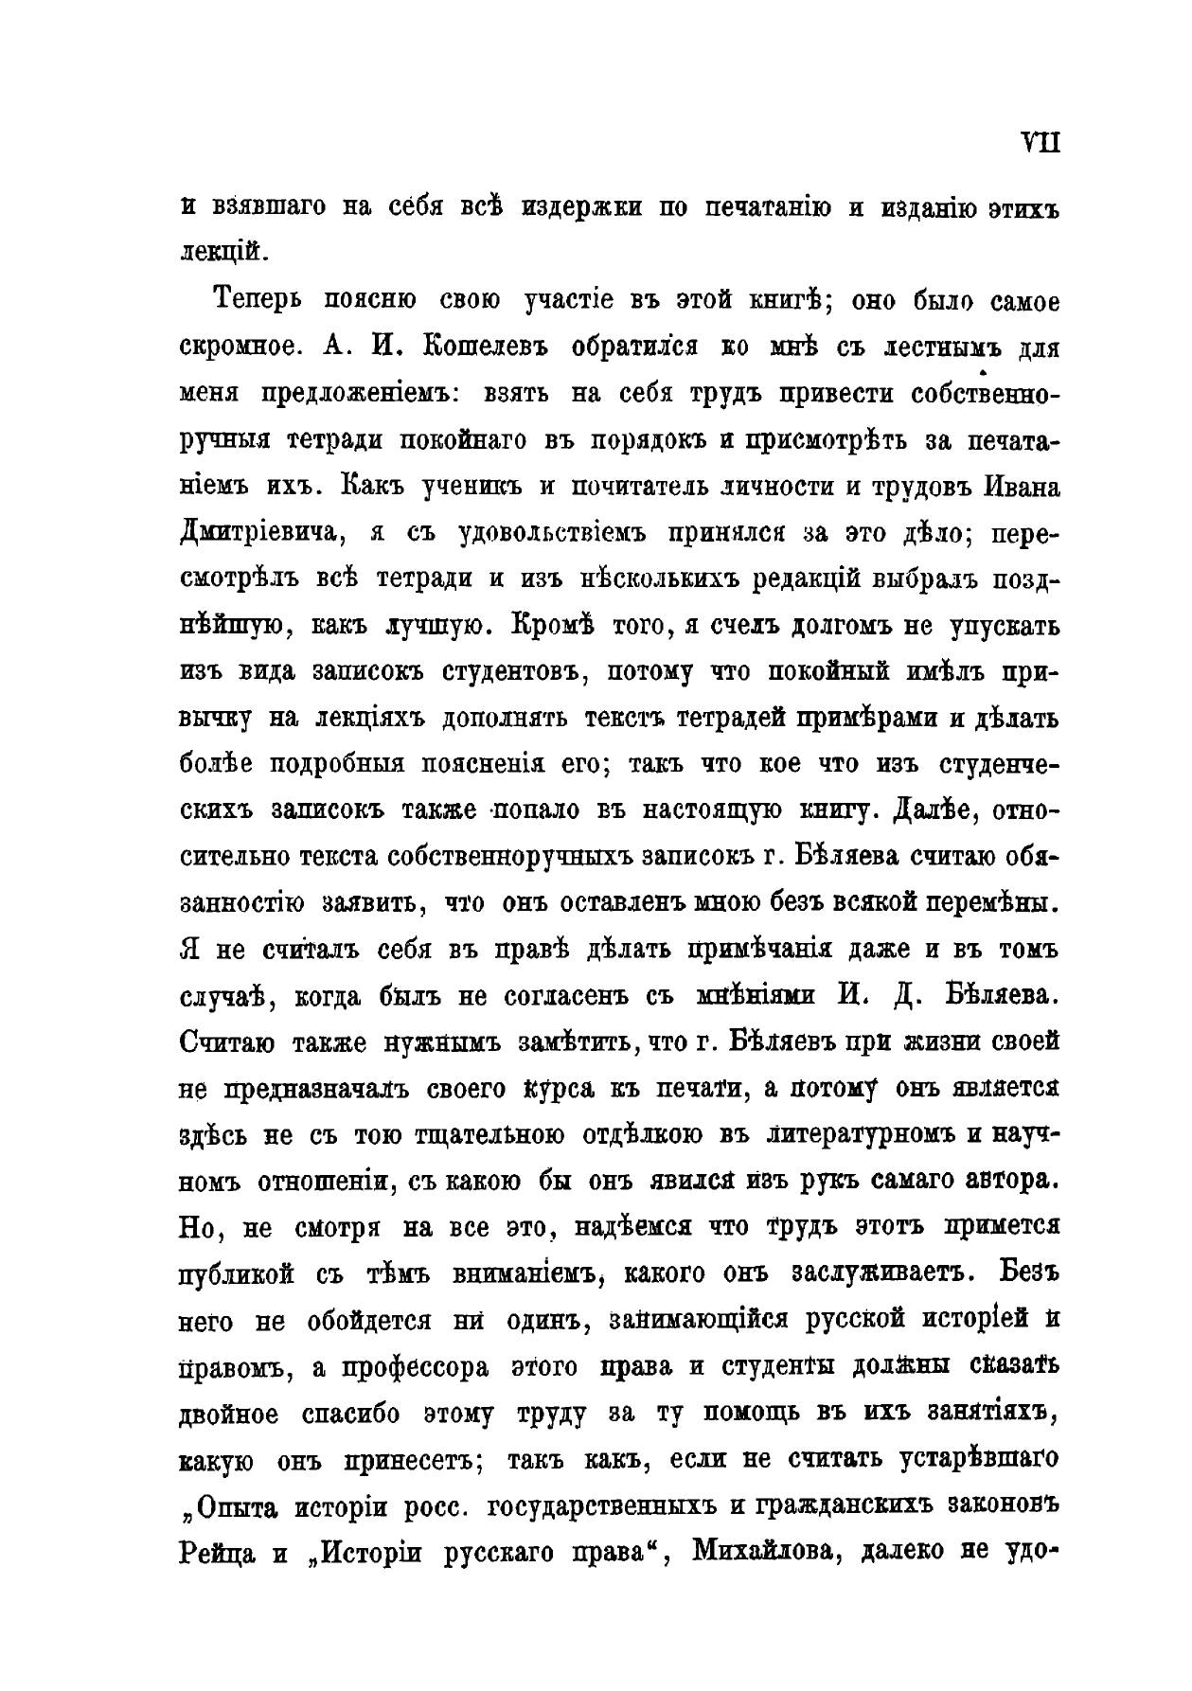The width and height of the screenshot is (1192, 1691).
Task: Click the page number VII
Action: tap(1041, 143)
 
